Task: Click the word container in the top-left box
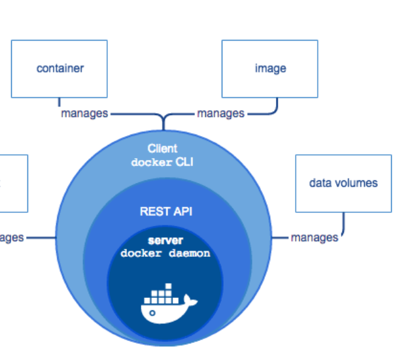click(x=60, y=68)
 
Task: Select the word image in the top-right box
click(x=270, y=68)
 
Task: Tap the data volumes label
click(x=343, y=183)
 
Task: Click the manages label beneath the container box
click(x=84, y=113)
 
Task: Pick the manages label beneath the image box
click(x=220, y=113)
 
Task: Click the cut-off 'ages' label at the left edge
click(x=12, y=237)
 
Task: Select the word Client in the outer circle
click(x=162, y=149)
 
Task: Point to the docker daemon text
click(x=165, y=253)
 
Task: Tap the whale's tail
click(x=190, y=299)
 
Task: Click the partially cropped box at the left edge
click(x=13, y=183)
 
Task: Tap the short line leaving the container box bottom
click(x=60, y=103)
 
